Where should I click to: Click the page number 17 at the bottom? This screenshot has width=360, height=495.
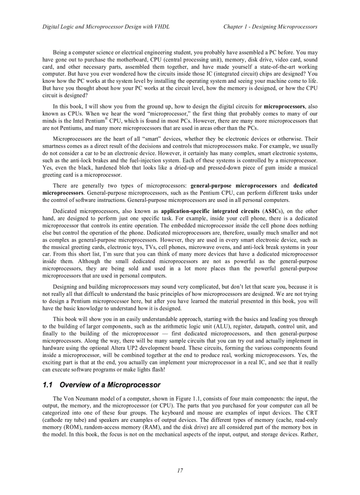[x=180, y=470]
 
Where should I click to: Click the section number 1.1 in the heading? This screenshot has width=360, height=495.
[x=48, y=385]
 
